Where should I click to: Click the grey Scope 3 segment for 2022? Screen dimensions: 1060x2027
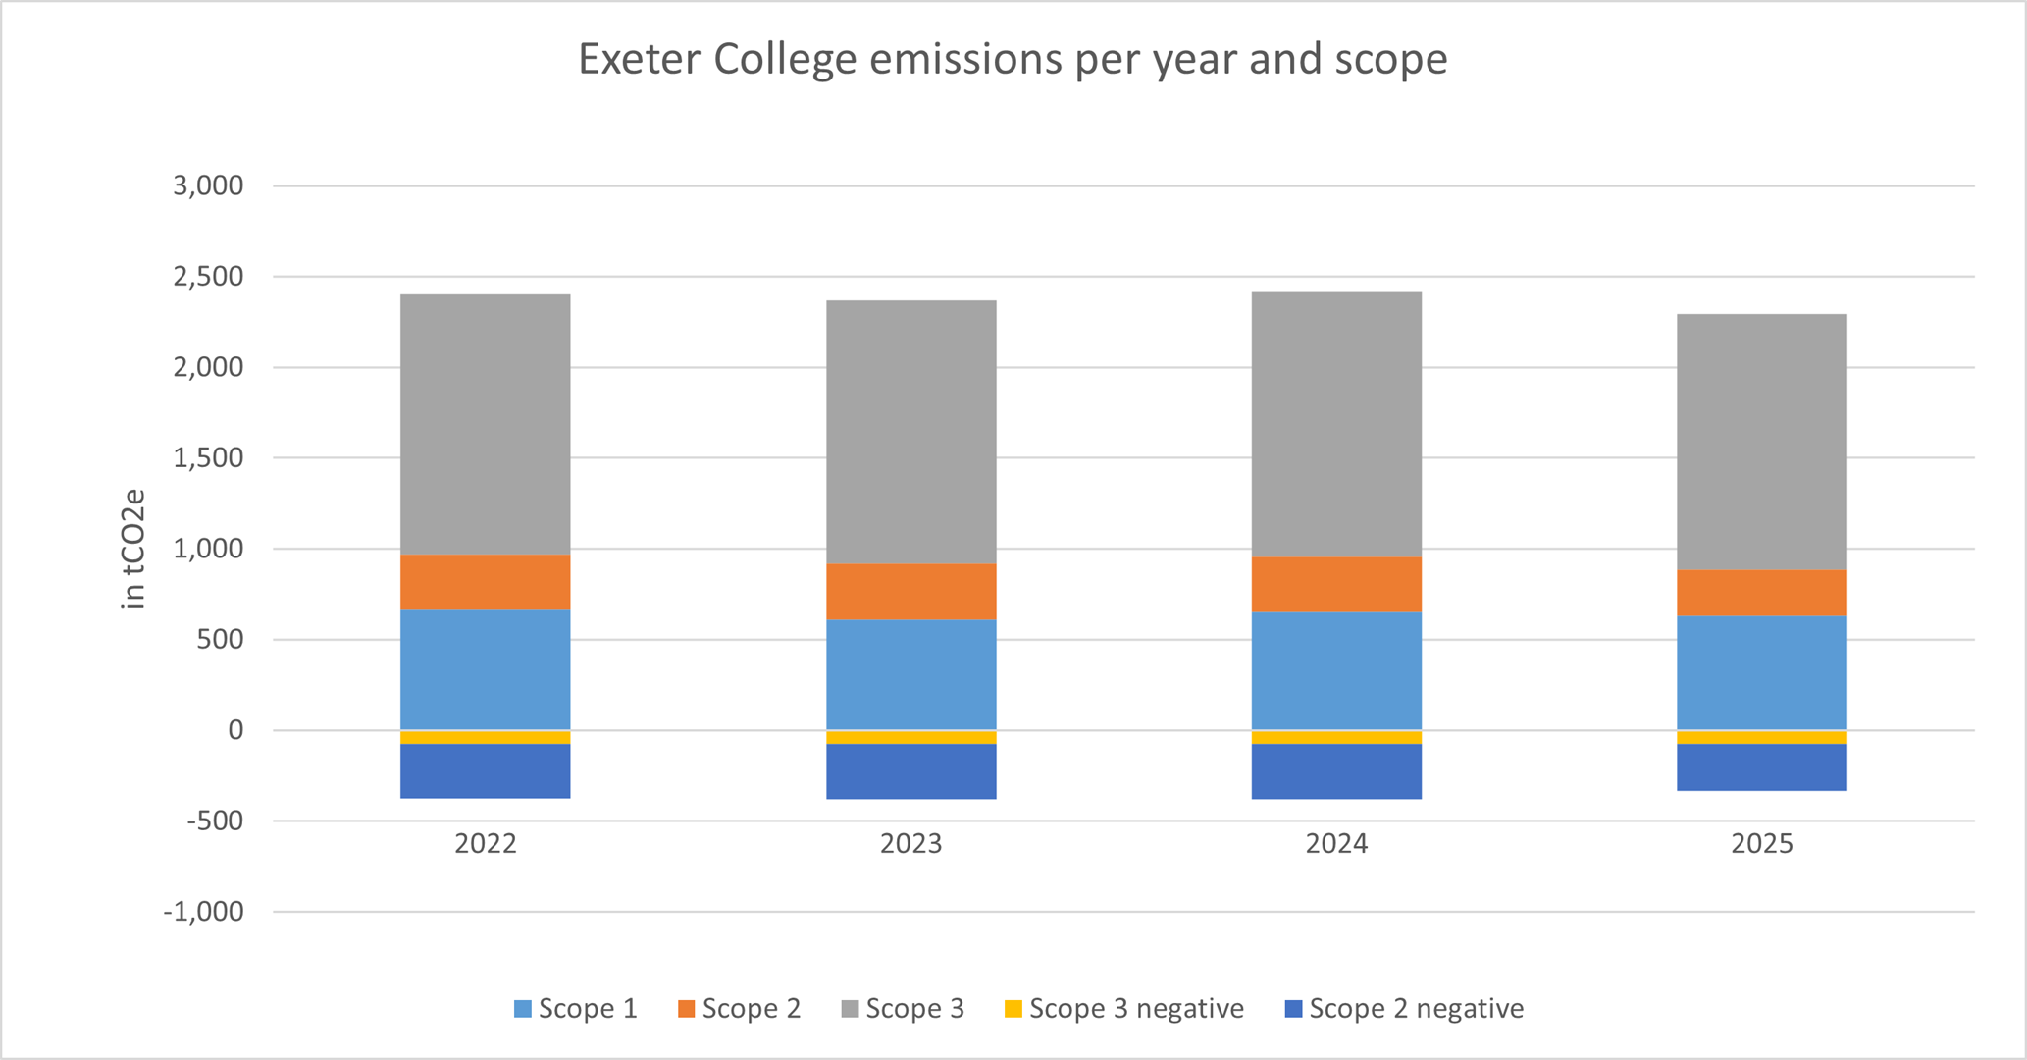pyautogui.click(x=486, y=425)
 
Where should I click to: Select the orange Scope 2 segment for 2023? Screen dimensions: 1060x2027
pyautogui.click(x=910, y=592)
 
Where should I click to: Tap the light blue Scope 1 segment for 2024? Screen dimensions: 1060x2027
pyautogui.click(x=1336, y=671)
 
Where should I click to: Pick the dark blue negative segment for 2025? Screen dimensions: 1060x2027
pyautogui.click(x=1762, y=768)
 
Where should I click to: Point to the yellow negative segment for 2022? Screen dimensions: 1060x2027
pyautogui.click(x=486, y=737)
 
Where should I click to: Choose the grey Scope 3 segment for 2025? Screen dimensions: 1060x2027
pyautogui.click(x=1762, y=443)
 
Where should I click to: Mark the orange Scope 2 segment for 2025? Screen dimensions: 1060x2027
pyautogui.click(x=1762, y=593)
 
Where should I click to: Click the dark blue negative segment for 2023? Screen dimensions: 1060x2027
pyautogui.click(x=910, y=771)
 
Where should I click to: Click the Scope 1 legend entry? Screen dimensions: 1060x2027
pyautogui.click(x=576, y=1009)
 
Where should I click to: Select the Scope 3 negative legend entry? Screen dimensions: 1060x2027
pyautogui.click(x=1124, y=1009)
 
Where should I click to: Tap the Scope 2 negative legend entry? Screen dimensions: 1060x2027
pyautogui.click(x=1405, y=1009)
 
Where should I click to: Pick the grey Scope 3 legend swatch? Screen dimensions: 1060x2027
pyautogui.click(x=851, y=1009)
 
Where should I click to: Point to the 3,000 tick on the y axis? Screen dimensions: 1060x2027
pyautogui.click(x=208, y=185)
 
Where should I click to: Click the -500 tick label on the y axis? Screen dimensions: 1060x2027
pyautogui.click(x=215, y=821)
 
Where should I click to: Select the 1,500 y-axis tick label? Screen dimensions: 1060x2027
pyautogui.click(x=208, y=457)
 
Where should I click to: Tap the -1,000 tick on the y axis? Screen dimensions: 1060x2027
pyautogui.click(x=203, y=912)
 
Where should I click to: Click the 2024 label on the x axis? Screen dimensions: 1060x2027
pyautogui.click(x=1336, y=844)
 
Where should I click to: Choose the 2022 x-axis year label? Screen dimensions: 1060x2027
pyautogui.click(x=486, y=844)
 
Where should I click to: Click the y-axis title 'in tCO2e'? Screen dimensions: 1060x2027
pyautogui.click(x=133, y=549)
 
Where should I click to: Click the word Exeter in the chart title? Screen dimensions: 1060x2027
pyautogui.click(x=639, y=59)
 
